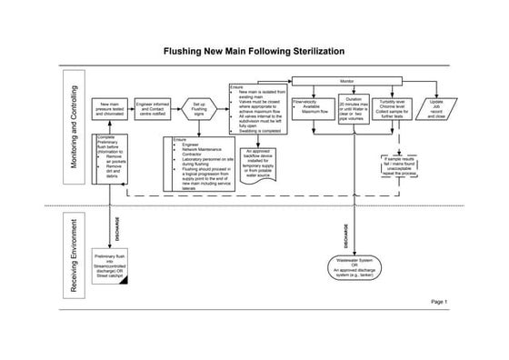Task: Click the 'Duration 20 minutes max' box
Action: pos(354,109)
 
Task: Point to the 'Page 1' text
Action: pos(439,301)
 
